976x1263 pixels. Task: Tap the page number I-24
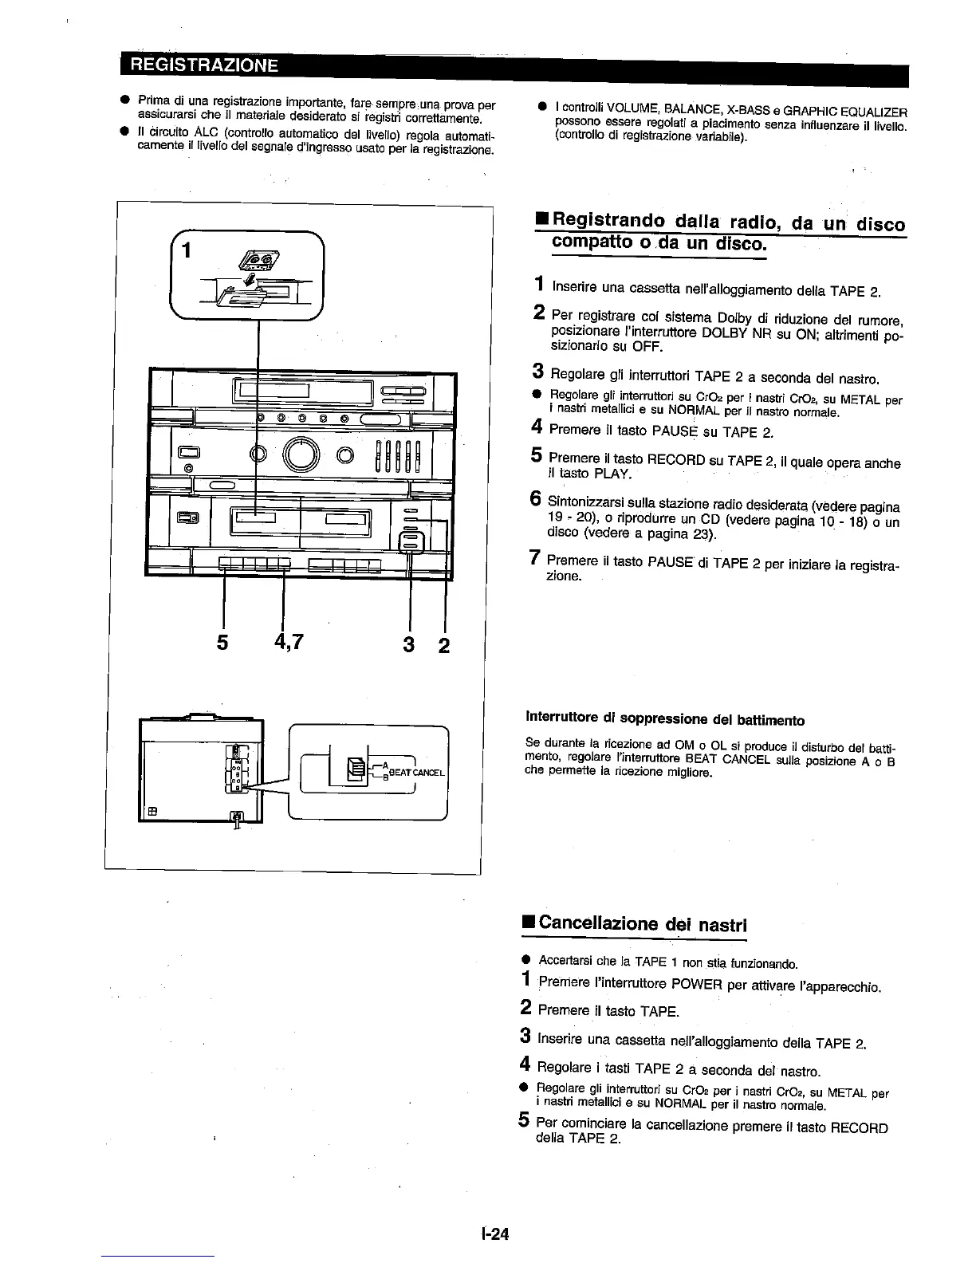[x=494, y=1233]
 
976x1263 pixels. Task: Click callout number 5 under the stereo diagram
[x=223, y=642]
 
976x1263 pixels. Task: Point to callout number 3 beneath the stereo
[x=409, y=643]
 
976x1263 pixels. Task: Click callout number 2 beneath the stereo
[x=443, y=643]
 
